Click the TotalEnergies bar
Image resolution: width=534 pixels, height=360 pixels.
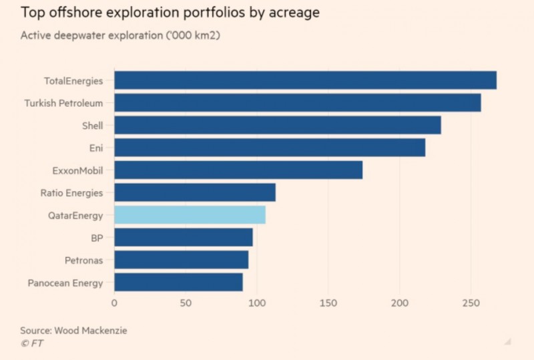tap(305, 80)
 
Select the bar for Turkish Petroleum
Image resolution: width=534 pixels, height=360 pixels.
tap(298, 103)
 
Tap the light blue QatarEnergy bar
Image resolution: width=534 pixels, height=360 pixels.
tap(190, 215)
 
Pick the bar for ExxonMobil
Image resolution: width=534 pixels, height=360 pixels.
tap(238, 170)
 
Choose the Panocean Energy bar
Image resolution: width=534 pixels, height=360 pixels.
tap(178, 283)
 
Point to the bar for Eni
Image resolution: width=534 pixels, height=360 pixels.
tap(270, 148)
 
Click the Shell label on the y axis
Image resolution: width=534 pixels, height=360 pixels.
tap(91, 126)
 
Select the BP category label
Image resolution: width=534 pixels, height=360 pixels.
tap(97, 238)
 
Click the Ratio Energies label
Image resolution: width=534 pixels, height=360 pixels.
tap(72, 193)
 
